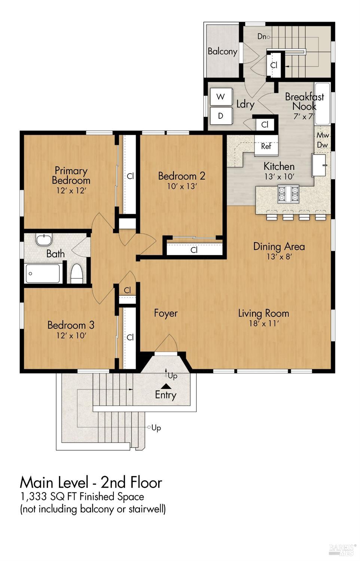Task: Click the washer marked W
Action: (x=221, y=97)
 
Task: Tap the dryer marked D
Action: (x=221, y=116)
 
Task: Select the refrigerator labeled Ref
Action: (x=266, y=146)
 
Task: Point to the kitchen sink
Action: (x=319, y=165)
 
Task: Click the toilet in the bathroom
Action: (x=77, y=274)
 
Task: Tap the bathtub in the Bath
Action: (x=43, y=273)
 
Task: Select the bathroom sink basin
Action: (x=44, y=240)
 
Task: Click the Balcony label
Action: (x=222, y=51)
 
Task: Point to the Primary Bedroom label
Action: (x=71, y=175)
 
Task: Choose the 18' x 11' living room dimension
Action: (x=264, y=323)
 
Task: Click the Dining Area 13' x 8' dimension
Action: (x=279, y=256)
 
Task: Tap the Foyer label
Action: (x=166, y=313)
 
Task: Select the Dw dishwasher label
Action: (x=322, y=145)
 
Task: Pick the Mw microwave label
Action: (x=323, y=135)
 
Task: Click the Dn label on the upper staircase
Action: (x=262, y=37)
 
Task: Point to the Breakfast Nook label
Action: (x=305, y=101)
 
